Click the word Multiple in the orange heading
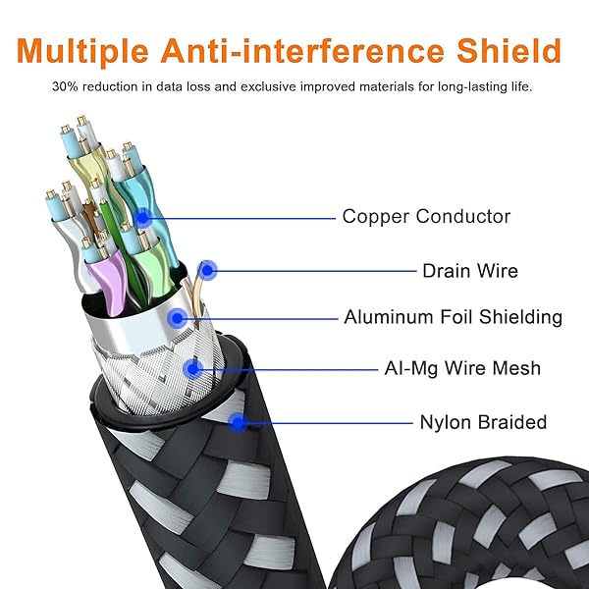[82, 51]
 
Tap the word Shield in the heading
[509, 50]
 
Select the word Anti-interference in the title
[302, 50]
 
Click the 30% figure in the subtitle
[66, 86]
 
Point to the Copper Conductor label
[426, 216]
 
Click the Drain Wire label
[470, 271]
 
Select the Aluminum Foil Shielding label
[453, 317]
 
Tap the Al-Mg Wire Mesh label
[462, 368]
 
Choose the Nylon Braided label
[483, 422]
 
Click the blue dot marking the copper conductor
[142, 218]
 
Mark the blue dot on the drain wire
[207, 270]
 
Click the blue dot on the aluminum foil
[177, 318]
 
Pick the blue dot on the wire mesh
[193, 369]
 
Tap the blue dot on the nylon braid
[238, 422]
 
